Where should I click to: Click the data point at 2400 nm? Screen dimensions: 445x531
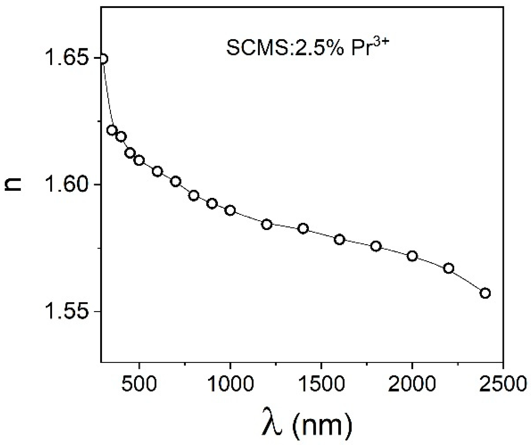tap(485, 293)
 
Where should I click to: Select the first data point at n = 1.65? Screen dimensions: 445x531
tap(103, 59)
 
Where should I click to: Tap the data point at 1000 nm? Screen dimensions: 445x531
tap(230, 210)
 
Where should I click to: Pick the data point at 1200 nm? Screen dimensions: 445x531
tap(267, 225)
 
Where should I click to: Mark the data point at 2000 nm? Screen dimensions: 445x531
tap(412, 256)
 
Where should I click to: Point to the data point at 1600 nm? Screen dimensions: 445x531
tap(339, 240)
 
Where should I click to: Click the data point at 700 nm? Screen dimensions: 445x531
tap(176, 181)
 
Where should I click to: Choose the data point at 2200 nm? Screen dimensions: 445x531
tap(449, 268)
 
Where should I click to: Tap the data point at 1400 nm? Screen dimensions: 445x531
tap(303, 228)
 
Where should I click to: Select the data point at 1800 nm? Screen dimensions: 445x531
tap(376, 246)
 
